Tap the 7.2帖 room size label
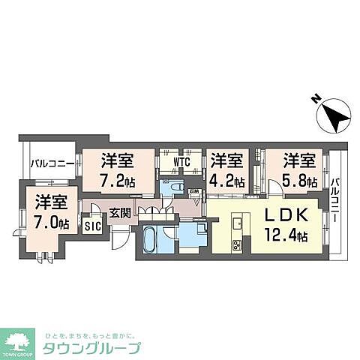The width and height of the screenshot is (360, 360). click(118, 180)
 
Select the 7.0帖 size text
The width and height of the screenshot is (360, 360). click(52, 222)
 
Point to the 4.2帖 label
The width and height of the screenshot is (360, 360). click(227, 180)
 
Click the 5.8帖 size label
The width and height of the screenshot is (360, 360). click(299, 180)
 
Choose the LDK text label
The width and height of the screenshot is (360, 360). click(281, 215)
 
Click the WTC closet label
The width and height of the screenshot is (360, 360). click(181, 161)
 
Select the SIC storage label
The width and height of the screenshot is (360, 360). click(92, 226)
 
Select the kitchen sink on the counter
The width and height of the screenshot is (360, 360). click(238, 223)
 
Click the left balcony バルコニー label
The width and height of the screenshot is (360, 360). click(52, 162)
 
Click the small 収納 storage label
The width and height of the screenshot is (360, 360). click(194, 191)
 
